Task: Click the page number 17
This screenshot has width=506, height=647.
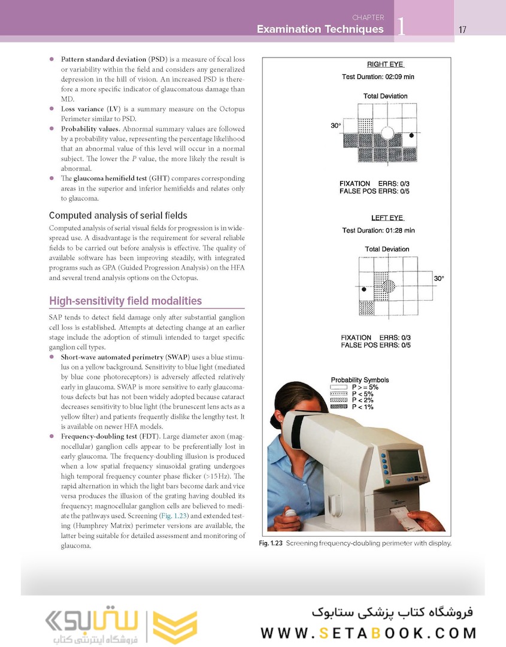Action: (x=462, y=29)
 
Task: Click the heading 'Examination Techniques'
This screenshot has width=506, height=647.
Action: (x=320, y=29)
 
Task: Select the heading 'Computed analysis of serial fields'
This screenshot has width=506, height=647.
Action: (x=118, y=215)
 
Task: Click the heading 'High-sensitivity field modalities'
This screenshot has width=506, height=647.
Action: (x=125, y=301)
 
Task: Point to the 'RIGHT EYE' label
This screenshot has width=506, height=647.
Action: (x=386, y=64)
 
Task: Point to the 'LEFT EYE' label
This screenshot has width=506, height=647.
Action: (x=387, y=218)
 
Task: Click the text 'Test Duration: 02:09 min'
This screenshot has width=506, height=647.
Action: (x=378, y=77)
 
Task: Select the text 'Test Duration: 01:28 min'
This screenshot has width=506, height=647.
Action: (x=378, y=231)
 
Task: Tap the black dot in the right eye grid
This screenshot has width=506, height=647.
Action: (x=411, y=135)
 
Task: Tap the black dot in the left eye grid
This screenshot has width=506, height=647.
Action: (x=364, y=290)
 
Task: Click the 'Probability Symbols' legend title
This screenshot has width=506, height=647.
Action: (x=359, y=380)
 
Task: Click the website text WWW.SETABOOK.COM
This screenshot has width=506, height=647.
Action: (x=368, y=633)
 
